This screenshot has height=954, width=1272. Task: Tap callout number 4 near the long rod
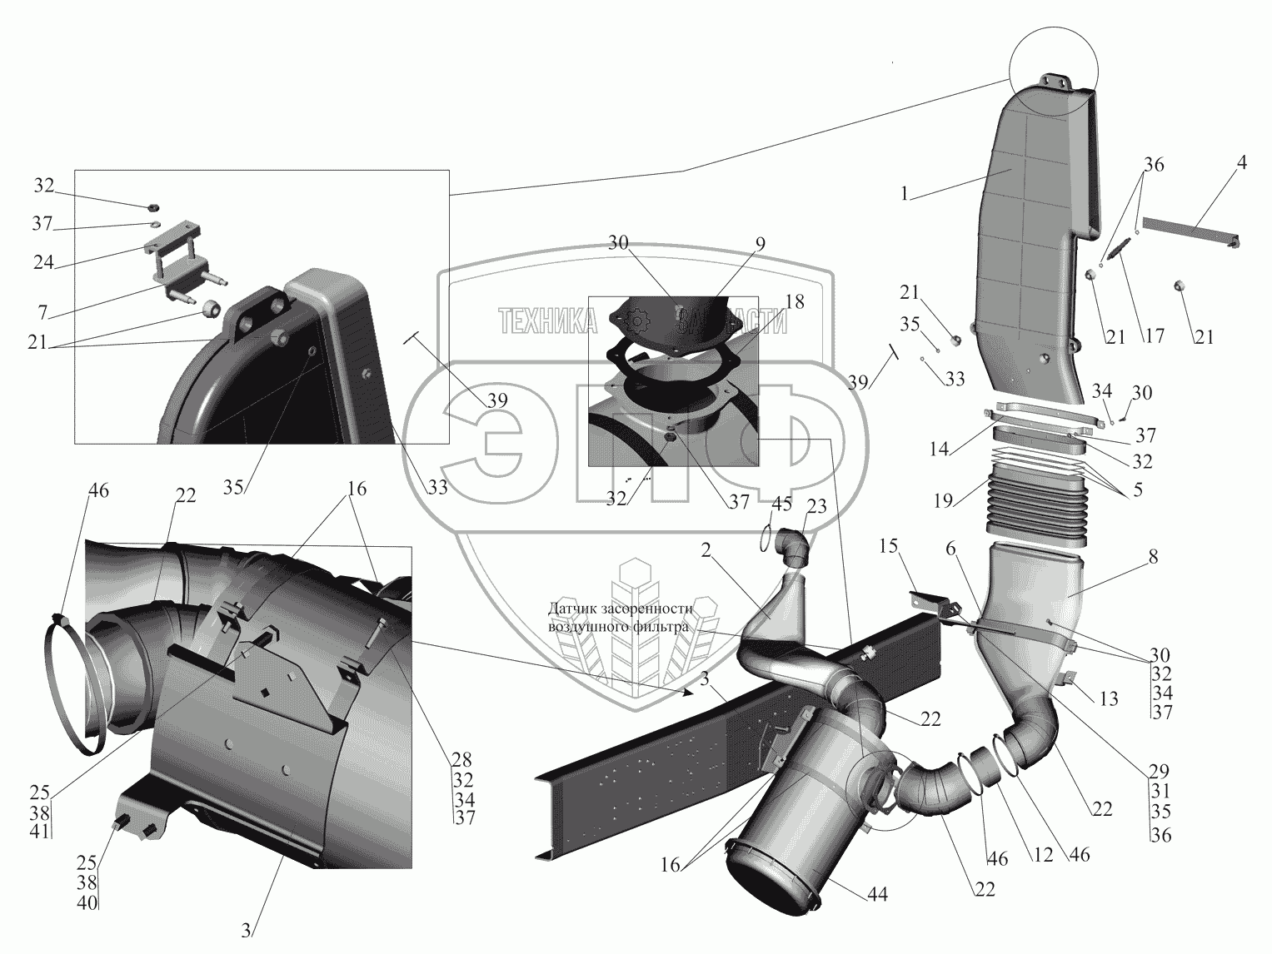click(x=1241, y=164)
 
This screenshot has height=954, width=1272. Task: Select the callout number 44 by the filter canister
click(x=877, y=894)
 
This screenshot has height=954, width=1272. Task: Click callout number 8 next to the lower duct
click(x=1152, y=559)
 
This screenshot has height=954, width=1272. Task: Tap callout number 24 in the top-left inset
click(x=43, y=263)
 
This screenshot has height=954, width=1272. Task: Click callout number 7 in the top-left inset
click(x=42, y=313)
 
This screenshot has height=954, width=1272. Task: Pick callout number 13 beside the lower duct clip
click(x=1108, y=700)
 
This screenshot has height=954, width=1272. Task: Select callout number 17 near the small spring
click(x=1155, y=337)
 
